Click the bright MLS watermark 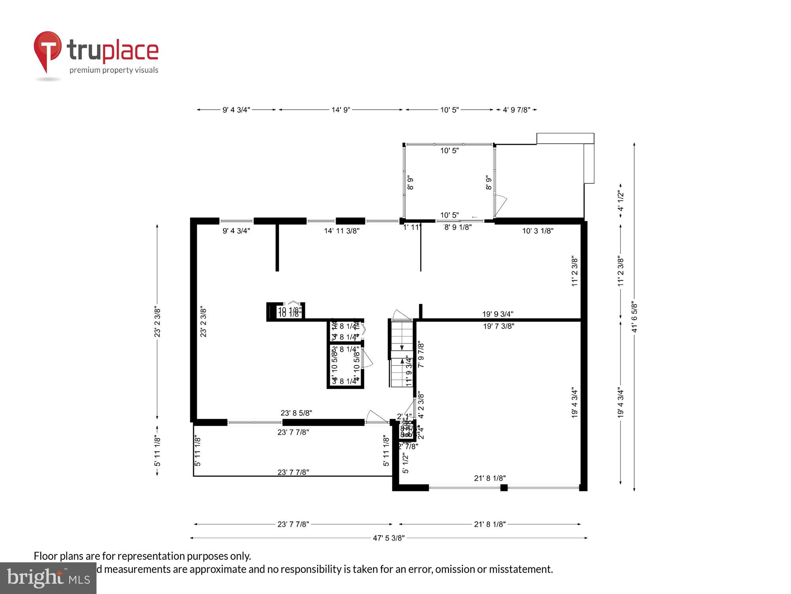[48, 578]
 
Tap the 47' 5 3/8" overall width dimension [388, 538]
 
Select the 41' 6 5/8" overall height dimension [634, 317]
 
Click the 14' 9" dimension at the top [341, 110]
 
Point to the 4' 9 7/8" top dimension [516, 110]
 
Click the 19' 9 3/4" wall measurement [498, 314]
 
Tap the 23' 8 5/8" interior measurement [296, 413]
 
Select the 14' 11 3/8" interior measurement [341, 231]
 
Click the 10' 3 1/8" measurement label [537, 231]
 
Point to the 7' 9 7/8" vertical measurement [421, 355]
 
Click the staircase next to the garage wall [401, 354]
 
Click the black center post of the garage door [503, 487]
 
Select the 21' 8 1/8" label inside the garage [490, 478]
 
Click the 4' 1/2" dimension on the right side [621, 201]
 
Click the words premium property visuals [114, 70]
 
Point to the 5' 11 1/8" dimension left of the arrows [157, 451]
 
